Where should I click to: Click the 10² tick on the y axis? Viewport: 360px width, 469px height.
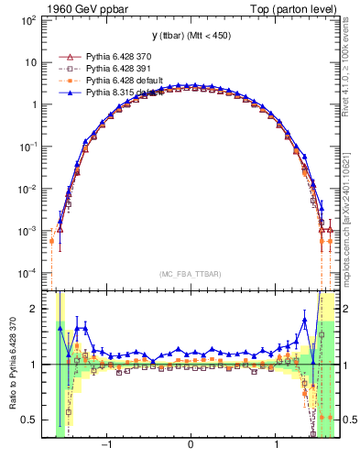29,19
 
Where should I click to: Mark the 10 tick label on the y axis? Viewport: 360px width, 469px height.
32,62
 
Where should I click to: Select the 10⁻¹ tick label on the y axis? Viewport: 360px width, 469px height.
29,147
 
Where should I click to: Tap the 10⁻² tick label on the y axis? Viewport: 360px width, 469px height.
29,189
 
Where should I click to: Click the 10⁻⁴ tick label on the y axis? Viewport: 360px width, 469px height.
29,273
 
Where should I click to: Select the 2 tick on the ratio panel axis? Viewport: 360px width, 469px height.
36,309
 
